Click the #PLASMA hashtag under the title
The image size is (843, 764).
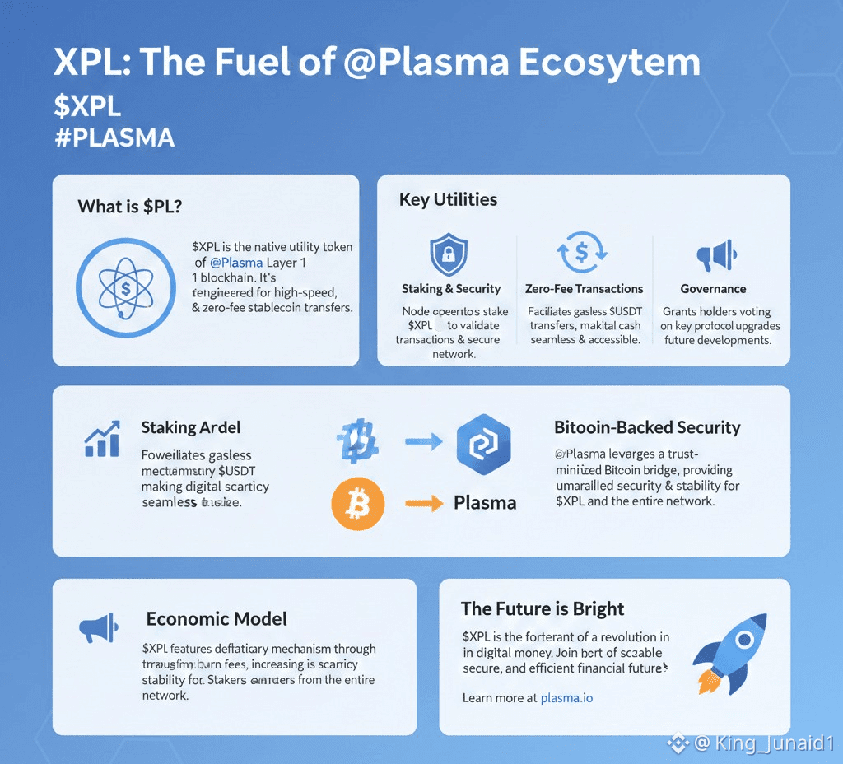(114, 137)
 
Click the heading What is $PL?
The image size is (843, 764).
(130, 207)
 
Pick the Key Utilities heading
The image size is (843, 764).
(448, 199)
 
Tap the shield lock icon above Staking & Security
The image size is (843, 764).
(449, 254)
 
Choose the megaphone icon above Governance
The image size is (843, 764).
(713, 257)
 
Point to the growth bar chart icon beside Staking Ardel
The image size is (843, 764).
(102, 439)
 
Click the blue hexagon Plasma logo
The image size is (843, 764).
(483, 443)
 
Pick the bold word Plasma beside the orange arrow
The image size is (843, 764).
(485, 503)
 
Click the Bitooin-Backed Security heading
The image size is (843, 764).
(647, 428)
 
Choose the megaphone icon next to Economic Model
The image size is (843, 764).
(99, 630)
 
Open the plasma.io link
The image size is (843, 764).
(566, 698)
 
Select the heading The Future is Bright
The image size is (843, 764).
(543, 609)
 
